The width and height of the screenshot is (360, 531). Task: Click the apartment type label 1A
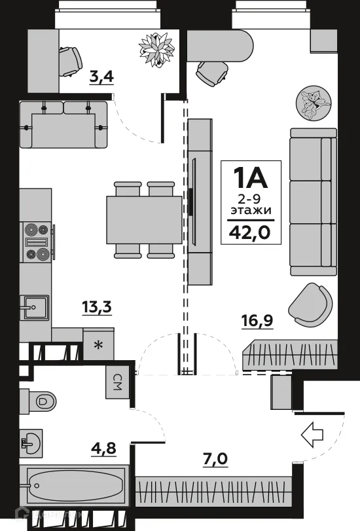251,178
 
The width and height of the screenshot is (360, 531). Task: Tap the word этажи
251,211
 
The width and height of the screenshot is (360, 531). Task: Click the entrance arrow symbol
312,433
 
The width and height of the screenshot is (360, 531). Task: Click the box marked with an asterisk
99,345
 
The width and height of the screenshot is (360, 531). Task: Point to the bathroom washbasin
31,443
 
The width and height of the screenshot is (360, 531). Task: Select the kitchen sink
35,306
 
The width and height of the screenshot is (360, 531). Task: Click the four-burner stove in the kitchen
37,242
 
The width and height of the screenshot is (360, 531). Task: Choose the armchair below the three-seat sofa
310,304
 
